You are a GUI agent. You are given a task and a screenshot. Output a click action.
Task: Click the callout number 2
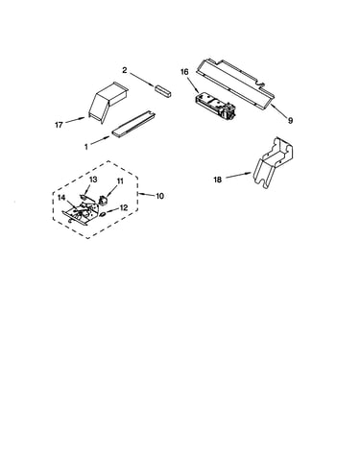(x=125, y=70)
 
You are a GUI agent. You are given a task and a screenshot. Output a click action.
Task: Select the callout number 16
(x=184, y=72)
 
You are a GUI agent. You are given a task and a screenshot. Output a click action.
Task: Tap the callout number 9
(x=290, y=121)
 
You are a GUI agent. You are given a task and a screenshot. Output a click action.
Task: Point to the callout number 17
(x=59, y=125)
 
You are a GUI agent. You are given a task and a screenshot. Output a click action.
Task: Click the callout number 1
(x=86, y=147)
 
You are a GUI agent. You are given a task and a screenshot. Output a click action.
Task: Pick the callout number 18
(x=217, y=180)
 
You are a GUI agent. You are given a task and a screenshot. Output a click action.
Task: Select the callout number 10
(x=160, y=196)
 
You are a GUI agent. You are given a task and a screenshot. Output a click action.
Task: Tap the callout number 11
(x=120, y=181)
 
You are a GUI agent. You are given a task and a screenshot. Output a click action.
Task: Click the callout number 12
(x=124, y=207)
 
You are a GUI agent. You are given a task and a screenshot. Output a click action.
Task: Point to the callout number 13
(x=93, y=180)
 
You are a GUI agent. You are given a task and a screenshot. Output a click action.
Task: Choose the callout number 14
(x=61, y=198)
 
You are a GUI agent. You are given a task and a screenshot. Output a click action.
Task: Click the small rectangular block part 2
(x=163, y=90)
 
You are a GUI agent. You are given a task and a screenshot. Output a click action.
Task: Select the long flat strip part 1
(x=133, y=125)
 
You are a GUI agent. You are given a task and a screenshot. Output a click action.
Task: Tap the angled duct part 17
(x=108, y=102)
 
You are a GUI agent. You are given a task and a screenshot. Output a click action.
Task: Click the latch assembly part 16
(x=214, y=106)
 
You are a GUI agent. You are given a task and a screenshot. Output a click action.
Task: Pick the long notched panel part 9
(x=236, y=83)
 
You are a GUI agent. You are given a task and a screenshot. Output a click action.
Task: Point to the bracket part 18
(x=273, y=163)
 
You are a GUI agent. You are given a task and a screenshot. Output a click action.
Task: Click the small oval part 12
(x=103, y=214)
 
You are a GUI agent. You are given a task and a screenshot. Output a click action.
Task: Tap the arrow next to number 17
(x=76, y=120)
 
